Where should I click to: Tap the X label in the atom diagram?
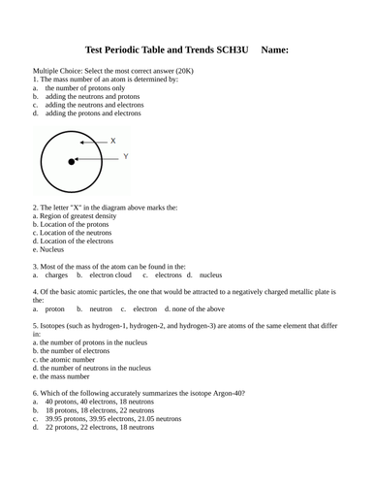pyautogui.click(x=112, y=141)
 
